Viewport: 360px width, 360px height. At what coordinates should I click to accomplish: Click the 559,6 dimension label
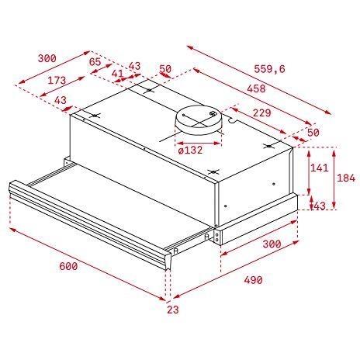268,69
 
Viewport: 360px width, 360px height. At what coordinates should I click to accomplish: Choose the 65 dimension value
95,61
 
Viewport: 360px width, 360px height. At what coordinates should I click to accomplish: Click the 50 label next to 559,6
165,70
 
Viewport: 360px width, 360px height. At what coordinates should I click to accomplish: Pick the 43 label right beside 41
134,66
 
